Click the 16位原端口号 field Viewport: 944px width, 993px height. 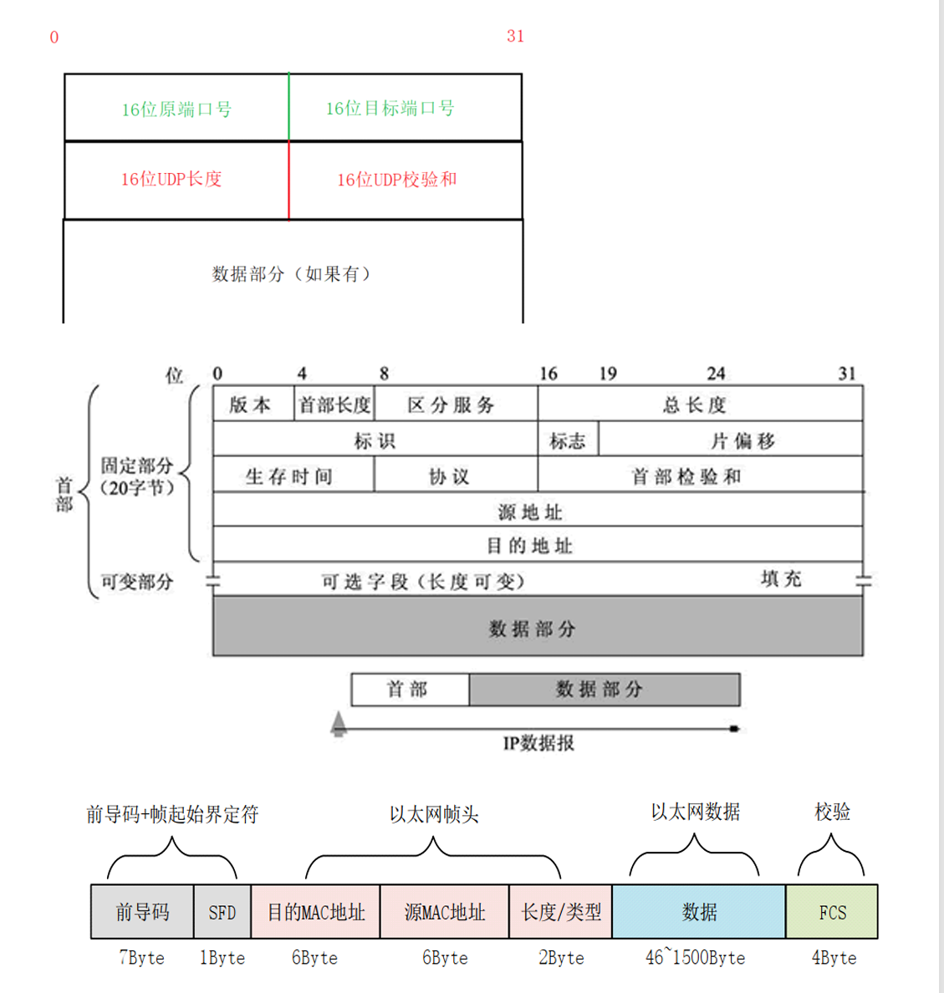point(176,109)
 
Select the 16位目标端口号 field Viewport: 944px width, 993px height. point(390,108)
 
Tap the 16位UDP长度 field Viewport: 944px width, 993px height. point(171,179)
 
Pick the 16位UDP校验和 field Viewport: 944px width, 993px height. point(396,179)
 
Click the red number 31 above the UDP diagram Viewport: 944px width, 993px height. point(515,36)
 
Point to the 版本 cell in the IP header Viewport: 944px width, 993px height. point(251,405)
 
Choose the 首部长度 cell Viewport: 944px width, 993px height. point(334,405)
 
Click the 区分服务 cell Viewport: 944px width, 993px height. point(452,405)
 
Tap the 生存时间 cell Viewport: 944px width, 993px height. point(289,476)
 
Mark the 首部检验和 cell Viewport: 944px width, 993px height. point(686,476)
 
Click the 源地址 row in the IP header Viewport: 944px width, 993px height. point(530,511)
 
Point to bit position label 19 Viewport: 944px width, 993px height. point(608,374)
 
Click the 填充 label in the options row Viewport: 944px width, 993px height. point(781,578)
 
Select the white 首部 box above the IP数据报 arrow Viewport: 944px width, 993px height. point(408,690)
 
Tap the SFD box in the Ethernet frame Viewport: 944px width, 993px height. point(222,912)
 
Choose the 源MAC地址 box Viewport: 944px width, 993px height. point(445,912)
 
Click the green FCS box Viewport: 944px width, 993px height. point(832,912)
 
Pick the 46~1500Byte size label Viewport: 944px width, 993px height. point(695,958)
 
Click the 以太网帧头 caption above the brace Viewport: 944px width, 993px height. point(434,814)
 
